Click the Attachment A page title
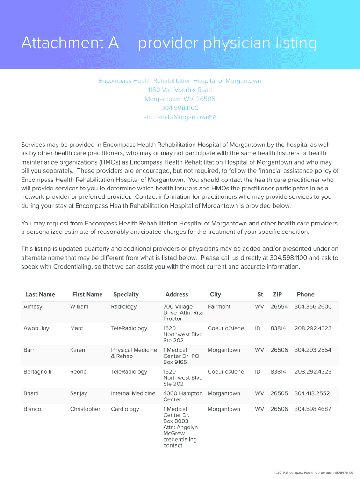point(169,44)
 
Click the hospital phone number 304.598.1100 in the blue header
point(180,108)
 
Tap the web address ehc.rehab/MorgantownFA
point(180,117)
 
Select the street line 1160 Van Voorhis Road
point(180,90)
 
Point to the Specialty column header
point(126,294)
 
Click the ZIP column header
point(278,294)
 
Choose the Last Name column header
point(40,294)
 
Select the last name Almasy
point(33,307)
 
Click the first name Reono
point(79,372)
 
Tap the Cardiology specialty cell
point(125,409)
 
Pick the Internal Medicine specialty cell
point(133,393)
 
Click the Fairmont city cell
point(219,307)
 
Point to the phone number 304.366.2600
point(313,307)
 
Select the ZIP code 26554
point(278,307)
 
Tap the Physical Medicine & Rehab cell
point(134,353)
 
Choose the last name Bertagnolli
point(37,372)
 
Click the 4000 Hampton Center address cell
point(182,397)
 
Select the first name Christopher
point(85,409)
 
